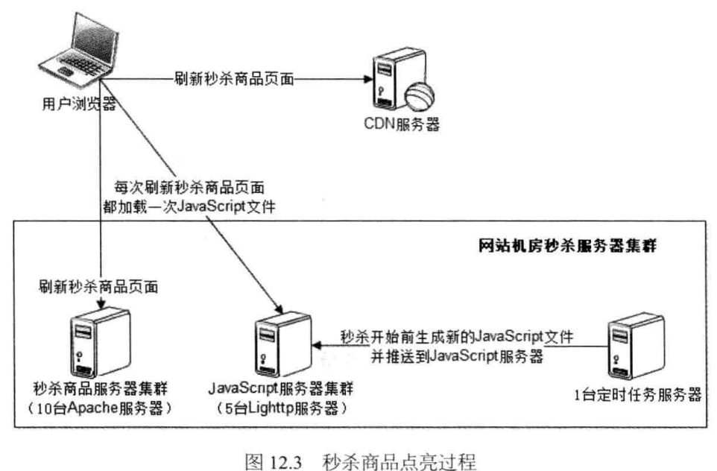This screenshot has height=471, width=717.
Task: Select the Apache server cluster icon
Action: [99, 338]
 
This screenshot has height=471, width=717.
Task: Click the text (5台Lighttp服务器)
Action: [282, 408]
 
